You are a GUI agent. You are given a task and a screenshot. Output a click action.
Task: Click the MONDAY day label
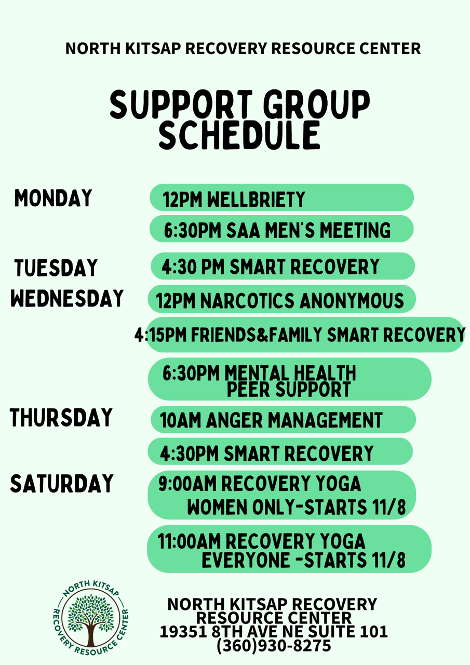point(53,198)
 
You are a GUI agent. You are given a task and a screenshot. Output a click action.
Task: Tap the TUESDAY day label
point(56,268)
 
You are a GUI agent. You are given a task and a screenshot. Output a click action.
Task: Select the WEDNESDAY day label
point(67,298)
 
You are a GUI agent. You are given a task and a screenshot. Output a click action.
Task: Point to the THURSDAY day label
point(61,417)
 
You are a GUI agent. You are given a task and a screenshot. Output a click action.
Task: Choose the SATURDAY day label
point(62,484)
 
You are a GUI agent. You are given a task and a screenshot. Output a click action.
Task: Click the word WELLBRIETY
point(256,199)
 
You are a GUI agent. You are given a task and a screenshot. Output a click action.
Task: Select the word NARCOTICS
point(247,301)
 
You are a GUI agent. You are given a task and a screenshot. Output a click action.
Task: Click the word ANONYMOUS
point(352,301)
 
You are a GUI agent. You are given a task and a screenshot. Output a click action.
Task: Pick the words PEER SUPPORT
point(289,390)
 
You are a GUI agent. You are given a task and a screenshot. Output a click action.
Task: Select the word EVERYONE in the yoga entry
point(246,560)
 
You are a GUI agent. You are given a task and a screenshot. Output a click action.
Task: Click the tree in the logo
point(91,620)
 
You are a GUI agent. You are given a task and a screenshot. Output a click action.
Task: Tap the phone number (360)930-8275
point(274,646)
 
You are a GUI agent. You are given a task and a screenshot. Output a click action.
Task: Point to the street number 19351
point(183,632)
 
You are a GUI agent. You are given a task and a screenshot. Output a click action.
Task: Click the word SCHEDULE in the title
point(240,135)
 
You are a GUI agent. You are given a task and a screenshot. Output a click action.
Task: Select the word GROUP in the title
point(316,104)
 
